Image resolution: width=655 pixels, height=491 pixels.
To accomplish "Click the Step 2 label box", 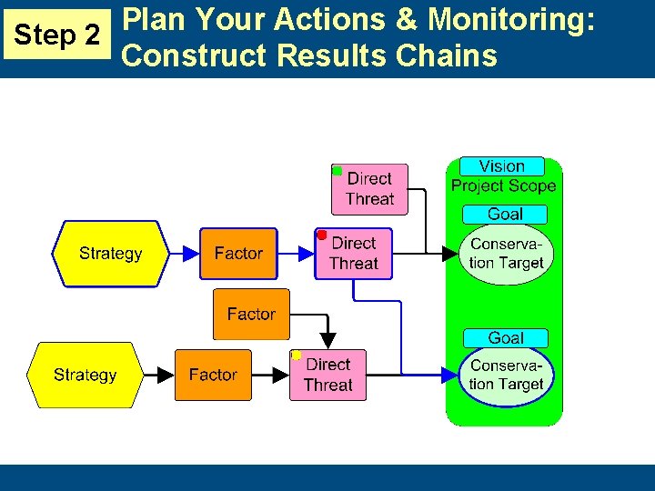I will coord(58,35).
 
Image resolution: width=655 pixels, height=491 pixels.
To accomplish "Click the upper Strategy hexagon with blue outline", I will coord(110,254).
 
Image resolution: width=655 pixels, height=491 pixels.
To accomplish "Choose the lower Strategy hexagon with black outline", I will coord(85,375).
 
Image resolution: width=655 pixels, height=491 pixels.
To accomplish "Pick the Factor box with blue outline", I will coord(238,254).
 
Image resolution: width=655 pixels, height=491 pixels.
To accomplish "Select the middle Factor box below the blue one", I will coord(251,314).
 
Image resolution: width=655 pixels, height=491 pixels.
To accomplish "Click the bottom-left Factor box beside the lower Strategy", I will coord(213,375).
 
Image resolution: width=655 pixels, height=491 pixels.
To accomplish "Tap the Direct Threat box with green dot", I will coord(369,189).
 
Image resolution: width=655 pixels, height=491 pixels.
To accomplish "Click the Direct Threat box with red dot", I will coord(353,254).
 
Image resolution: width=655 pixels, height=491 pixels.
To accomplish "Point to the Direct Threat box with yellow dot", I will coord(327,375).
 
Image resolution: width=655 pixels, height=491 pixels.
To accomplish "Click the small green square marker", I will coord(337,171).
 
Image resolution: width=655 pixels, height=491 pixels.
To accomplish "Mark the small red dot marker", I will coord(321,235).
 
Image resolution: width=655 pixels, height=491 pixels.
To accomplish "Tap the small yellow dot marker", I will coord(296,356).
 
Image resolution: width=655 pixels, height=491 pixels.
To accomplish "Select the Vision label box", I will coord(501,166).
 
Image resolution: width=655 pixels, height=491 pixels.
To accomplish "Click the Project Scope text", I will coord(503,185).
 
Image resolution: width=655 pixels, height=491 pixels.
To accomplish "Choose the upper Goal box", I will coord(505,215).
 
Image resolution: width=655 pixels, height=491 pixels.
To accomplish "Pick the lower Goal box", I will coord(505,337).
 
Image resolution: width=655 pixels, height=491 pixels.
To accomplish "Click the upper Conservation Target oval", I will coord(506,254).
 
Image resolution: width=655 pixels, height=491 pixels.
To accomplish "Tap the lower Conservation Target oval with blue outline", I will coord(506,375).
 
